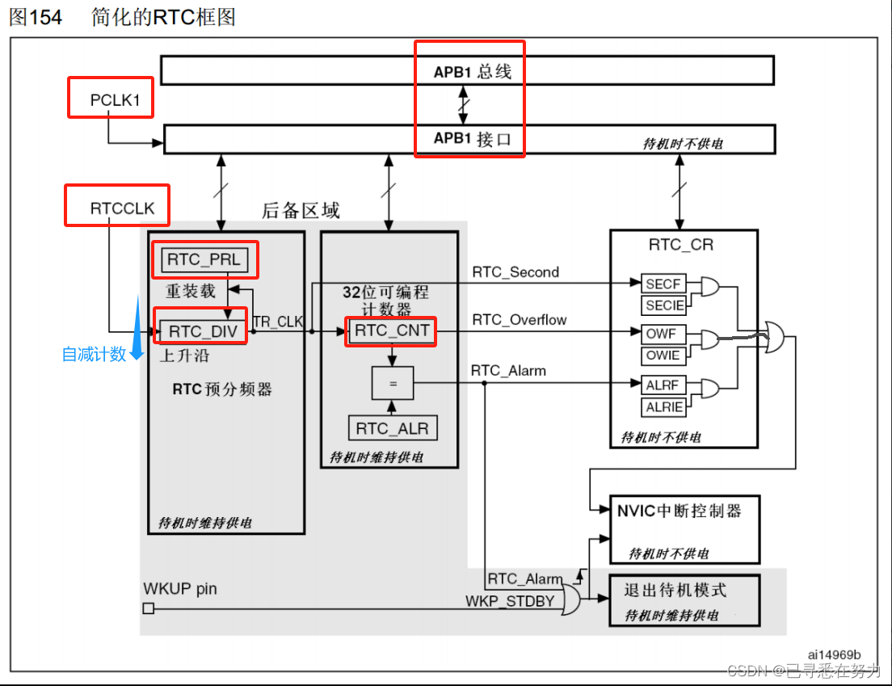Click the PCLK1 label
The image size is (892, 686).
click(x=114, y=100)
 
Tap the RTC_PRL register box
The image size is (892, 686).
click(x=204, y=259)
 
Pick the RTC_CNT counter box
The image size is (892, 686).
click(x=392, y=330)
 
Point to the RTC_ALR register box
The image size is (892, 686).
click(x=393, y=428)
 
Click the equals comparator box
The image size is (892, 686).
click(x=393, y=384)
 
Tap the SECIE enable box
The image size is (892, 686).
click(x=665, y=305)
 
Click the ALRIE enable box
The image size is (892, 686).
click(x=664, y=407)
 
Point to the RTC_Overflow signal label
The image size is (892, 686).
click(x=520, y=320)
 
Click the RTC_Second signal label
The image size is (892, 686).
click(x=515, y=272)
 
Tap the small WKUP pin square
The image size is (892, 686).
click(x=148, y=608)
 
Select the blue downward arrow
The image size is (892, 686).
click(x=138, y=327)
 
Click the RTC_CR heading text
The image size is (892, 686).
click(x=681, y=245)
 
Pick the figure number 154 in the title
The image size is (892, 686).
click(x=46, y=16)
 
